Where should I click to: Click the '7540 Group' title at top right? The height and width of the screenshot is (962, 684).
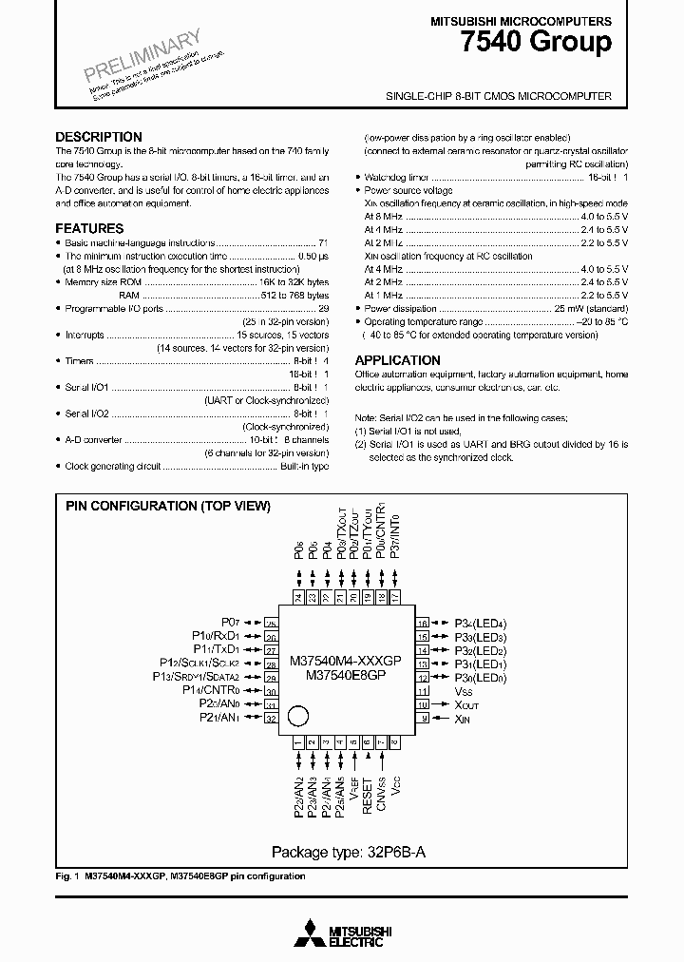click(549, 44)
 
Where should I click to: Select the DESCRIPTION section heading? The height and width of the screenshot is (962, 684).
click(99, 137)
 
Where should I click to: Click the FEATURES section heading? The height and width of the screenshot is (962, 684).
click(89, 228)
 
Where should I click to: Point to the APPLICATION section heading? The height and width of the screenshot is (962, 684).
click(397, 360)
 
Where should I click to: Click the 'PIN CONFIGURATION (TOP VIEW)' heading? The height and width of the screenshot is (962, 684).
click(167, 507)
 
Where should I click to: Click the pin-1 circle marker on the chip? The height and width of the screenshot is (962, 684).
click(298, 715)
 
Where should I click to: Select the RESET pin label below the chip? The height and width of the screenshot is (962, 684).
click(367, 789)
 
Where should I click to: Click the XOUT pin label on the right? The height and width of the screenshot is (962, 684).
click(467, 704)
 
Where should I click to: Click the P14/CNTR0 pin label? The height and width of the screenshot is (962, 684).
click(210, 690)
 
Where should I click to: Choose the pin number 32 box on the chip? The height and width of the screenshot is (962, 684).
click(272, 719)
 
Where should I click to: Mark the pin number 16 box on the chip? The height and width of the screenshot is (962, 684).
click(423, 622)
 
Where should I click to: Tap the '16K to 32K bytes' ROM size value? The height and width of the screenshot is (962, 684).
click(294, 282)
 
